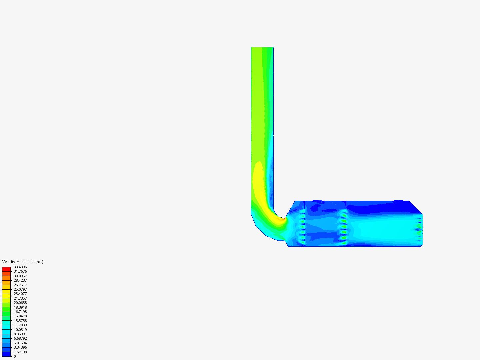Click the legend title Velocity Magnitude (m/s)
point(23,262)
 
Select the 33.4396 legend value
point(20,267)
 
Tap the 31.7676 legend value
point(20,271)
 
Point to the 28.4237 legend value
point(20,280)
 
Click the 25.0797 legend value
point(20,289)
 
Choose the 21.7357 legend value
point(20,298)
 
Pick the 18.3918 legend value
point(20,307)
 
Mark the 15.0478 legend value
point(20,316)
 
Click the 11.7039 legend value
point(20,325)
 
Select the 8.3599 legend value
point(19,334)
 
